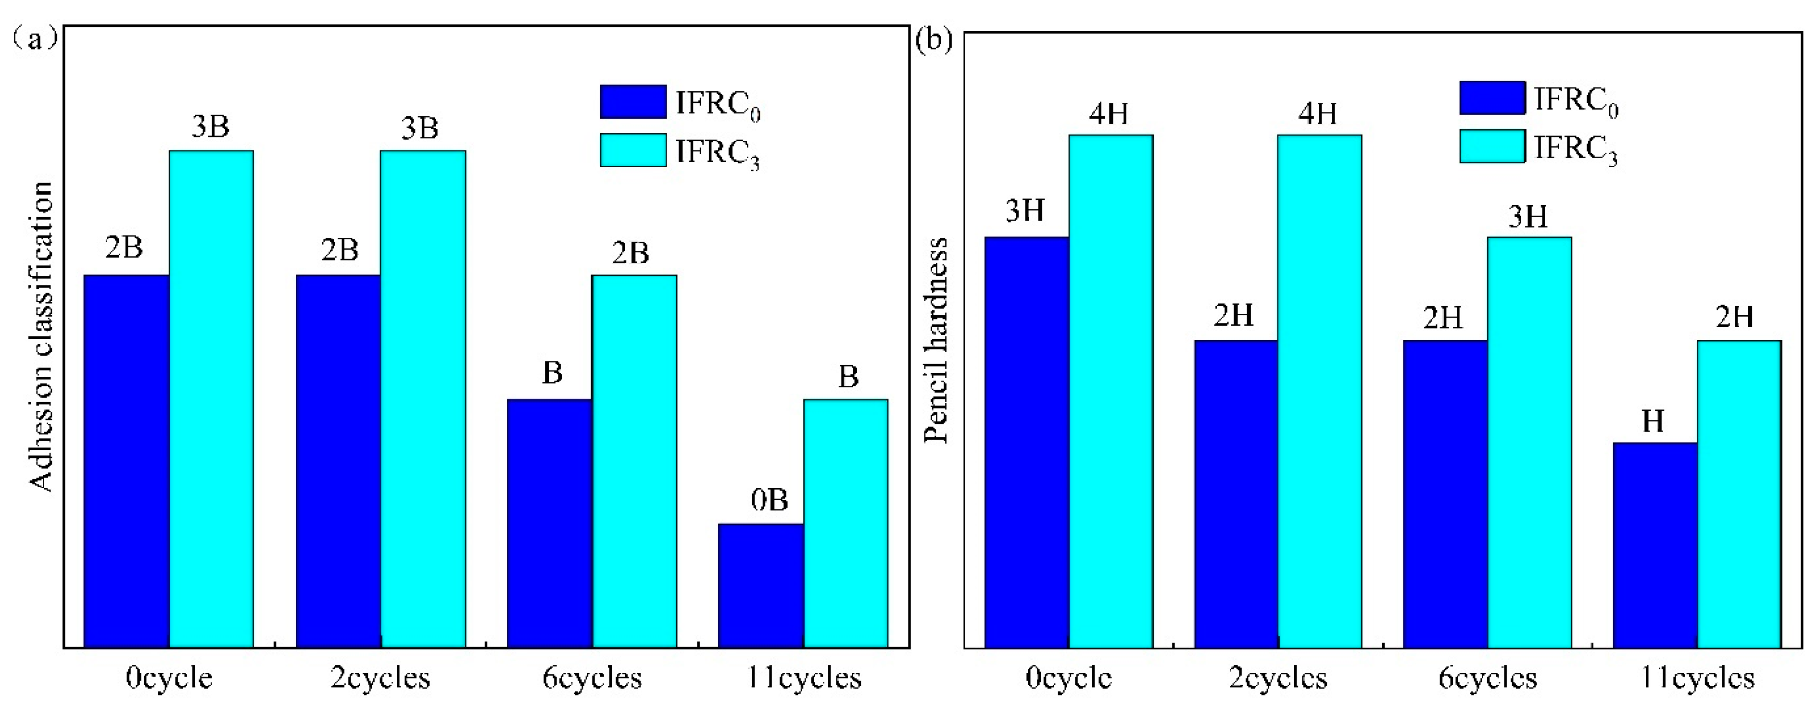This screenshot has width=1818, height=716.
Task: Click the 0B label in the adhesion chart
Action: tap(769, 500)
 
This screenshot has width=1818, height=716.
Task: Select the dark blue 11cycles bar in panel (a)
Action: tap(761, 585)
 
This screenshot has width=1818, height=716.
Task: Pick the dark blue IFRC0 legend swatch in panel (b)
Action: tap(1492, 98)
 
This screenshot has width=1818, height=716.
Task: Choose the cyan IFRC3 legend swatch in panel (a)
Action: tap(633, 150)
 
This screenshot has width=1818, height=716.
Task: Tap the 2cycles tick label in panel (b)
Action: tap(1277, 678)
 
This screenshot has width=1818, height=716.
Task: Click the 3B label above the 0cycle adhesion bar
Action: tap(210, 127)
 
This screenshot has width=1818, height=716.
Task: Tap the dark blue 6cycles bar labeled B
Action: tap(549, 523)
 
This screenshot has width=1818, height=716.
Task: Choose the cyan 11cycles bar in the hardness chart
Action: tap(1739, 494)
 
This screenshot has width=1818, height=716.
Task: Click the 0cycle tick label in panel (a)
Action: tap(169, 678)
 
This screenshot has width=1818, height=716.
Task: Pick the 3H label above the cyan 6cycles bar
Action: tap(1528, 217)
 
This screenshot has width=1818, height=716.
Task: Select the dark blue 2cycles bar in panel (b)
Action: tap(1236, 494)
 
